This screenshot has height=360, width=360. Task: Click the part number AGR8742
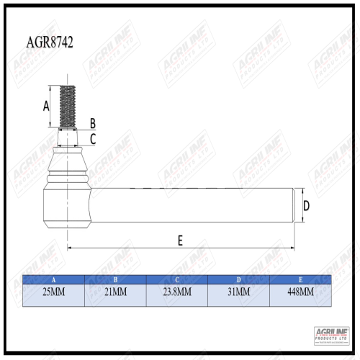(x=48, y=42)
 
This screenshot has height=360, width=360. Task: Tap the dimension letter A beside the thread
(x=46, y=106)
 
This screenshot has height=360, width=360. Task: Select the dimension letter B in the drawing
(x=92, y=123)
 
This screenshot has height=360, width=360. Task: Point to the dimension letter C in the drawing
(x=93, y=138)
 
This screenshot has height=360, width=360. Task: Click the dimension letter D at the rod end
(x=306, y=206)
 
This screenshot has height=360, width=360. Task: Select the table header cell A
(x=53, y=279)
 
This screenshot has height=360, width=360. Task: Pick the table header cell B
(x=115, y=279)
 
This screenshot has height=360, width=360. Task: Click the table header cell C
(x=176, y=279)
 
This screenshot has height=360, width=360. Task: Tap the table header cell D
(x=238, y=279)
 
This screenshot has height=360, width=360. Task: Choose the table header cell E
(x=300, y=279)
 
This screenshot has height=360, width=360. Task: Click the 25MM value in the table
(x=53, y=293)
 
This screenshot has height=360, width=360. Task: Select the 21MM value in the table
(x=115, y=293)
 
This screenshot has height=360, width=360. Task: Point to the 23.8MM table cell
(x=176, y=293)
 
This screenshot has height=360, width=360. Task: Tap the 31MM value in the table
(x=238, y=293)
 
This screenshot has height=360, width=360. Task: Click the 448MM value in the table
(x=300, y=293)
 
